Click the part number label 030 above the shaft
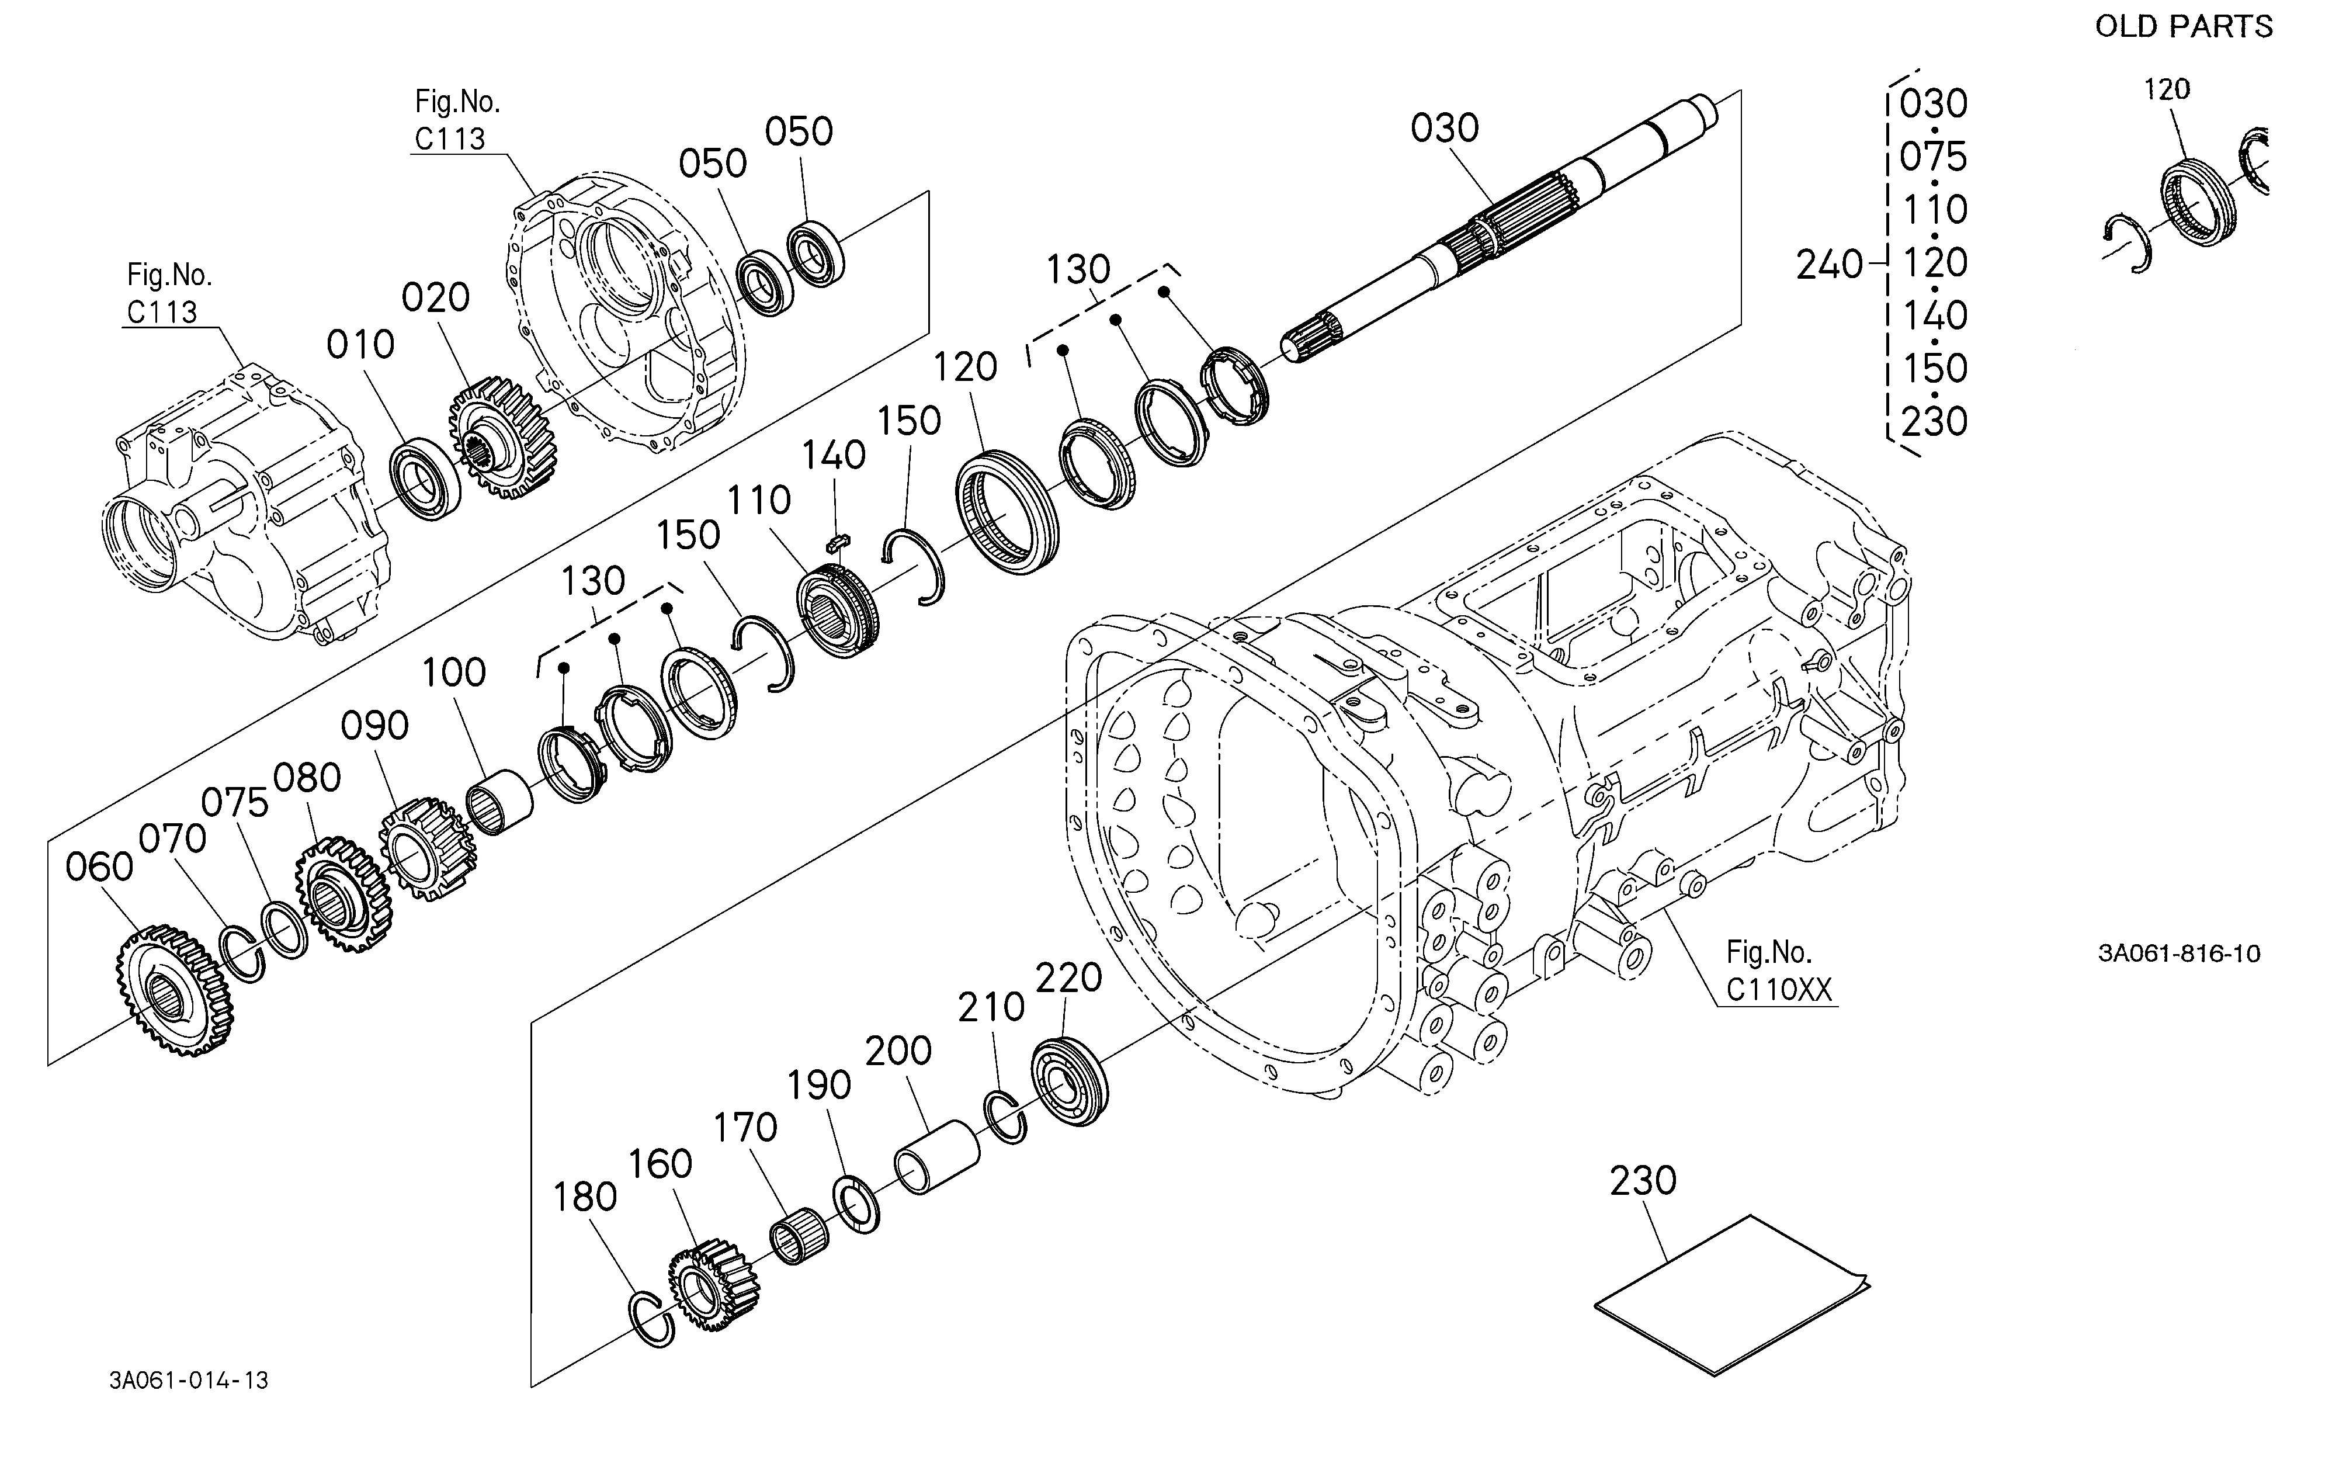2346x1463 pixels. pos(1445,128)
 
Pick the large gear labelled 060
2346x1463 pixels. pos(175,990)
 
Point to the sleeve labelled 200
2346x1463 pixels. pos(936,1156)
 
